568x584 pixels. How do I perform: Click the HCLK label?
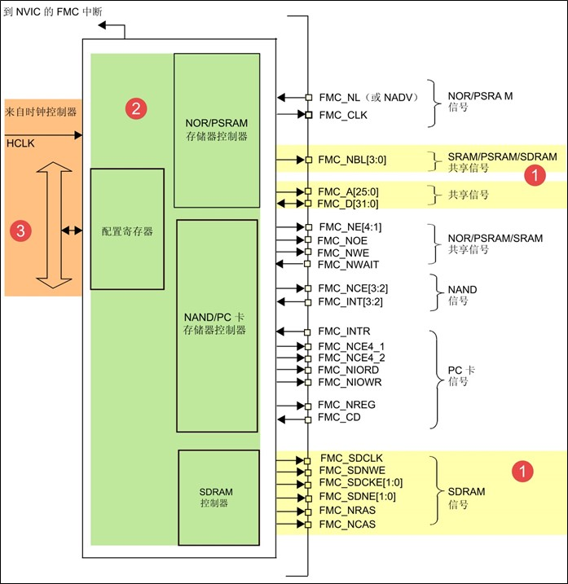tap(19, 143)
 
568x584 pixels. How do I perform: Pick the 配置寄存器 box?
tap(126, 231)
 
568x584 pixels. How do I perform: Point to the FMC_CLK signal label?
tap(343, 115)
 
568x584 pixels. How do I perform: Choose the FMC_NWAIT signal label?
tap(348, 265)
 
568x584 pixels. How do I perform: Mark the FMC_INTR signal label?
tap(344, 332)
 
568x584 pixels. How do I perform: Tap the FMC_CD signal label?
tap(339, 418)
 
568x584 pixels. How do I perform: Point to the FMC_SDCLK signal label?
tap(347, 459)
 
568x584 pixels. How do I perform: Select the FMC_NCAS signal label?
tap(347, 524)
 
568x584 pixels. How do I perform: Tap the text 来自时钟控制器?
tap(41, 111)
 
